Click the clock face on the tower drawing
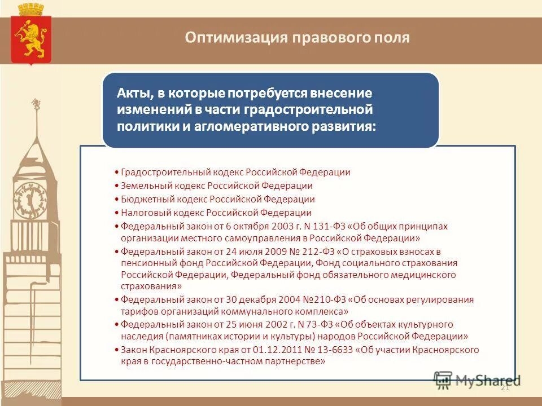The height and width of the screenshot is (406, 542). pos(29,200)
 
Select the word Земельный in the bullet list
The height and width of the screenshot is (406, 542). pos(143,186)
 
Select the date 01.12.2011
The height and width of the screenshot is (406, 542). pos(257,350)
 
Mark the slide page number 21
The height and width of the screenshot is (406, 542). pos(505,387)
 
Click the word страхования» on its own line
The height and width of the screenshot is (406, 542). pos(147,286)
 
